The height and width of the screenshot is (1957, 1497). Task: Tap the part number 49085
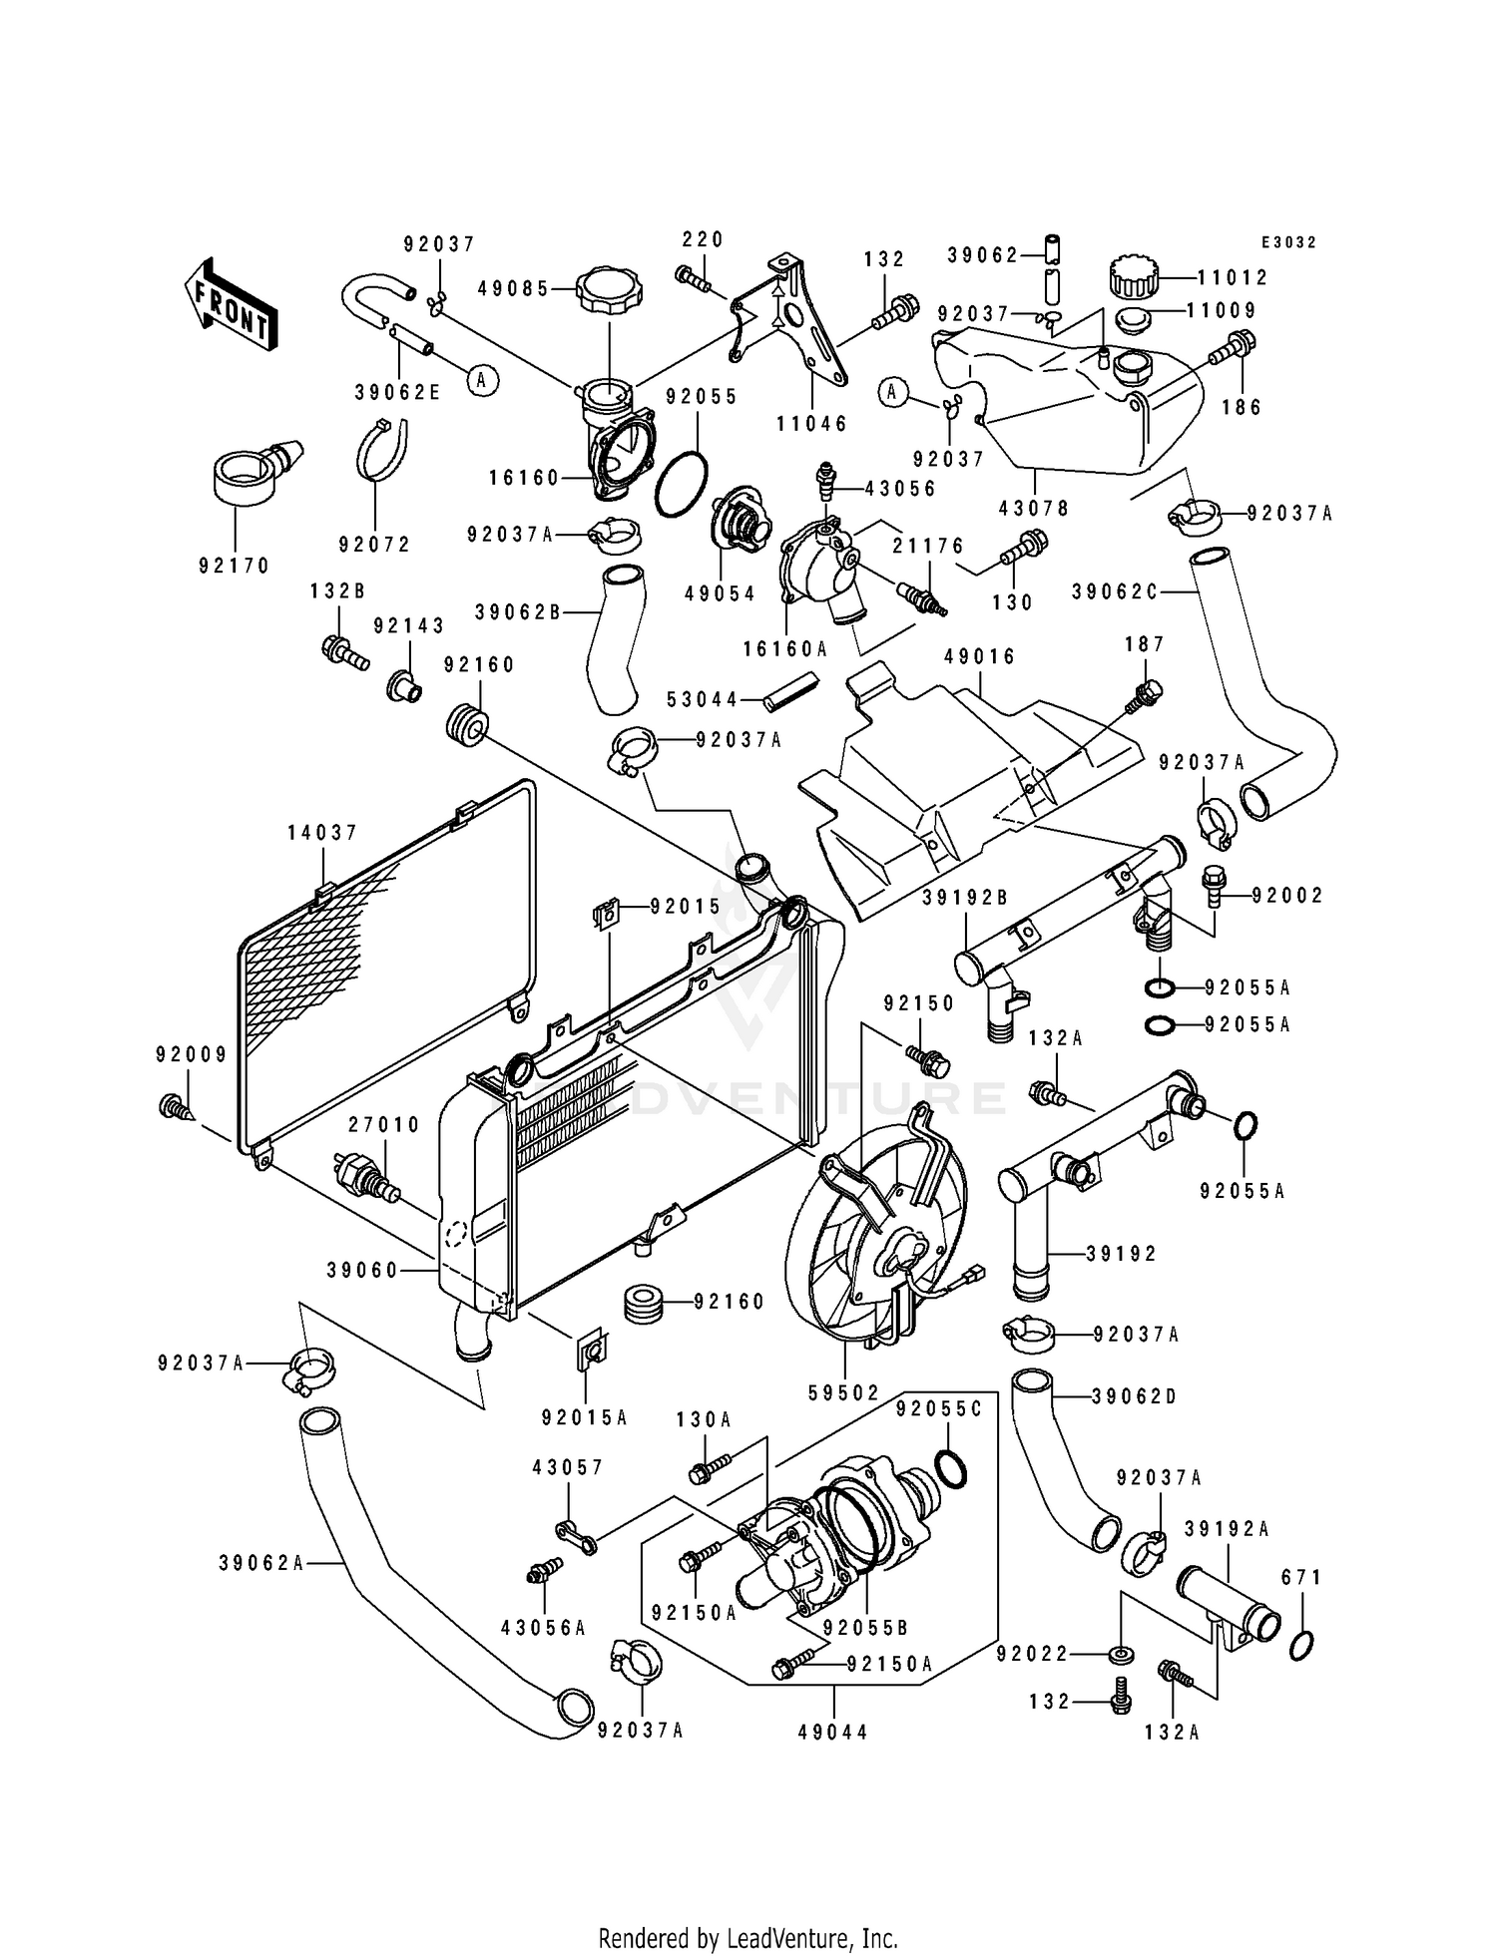(x=513, y=289)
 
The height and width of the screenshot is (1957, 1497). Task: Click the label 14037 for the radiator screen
(x=322, y=833)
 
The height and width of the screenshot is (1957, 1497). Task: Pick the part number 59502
(x=844, y=1392)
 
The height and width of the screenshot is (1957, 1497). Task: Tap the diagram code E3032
(x=1287, y=242)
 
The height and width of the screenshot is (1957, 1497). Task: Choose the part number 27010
(x=384, y=1125)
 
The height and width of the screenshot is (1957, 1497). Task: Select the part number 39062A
(x=261, y=1563)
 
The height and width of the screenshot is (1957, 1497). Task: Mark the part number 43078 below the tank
(x=1033, y=508)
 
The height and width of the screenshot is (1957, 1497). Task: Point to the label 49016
(x=979, y=656)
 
